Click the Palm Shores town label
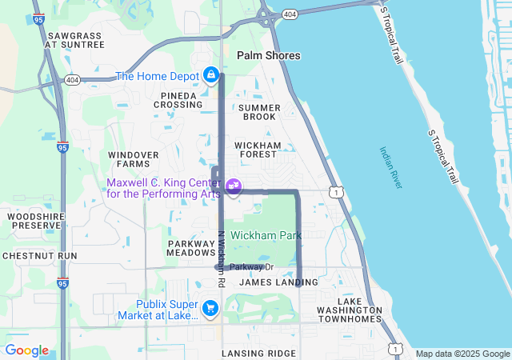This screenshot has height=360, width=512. pyautogui.click(x=269, y=55)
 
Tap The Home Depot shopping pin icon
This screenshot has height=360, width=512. pyautogui.click(x=210, y=75)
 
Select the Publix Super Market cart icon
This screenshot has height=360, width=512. pyautogui.click(x=210, y=308)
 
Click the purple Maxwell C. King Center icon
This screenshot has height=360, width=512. pyautogui.click(x=234, y=186)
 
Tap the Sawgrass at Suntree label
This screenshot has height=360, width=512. pyautogui.click(x=75, y=40)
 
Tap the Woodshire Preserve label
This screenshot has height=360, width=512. pyautogui.click(x=34, y=221)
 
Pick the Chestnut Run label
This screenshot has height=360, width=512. pyautogui.click(x=39, y=256)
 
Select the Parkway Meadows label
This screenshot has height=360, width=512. pyautogui.click(x=191, y=247)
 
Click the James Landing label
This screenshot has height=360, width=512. pyautogui.click(x=278, y=282)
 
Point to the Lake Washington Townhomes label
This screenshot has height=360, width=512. pyautogui.click(x=349, y=314)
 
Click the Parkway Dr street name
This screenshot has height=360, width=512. pyautogui.click(x=251, y=267)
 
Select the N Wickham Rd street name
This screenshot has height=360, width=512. pyautogui.click(x=221, y=260)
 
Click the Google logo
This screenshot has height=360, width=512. pyautogui.click(x=26, y=350)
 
